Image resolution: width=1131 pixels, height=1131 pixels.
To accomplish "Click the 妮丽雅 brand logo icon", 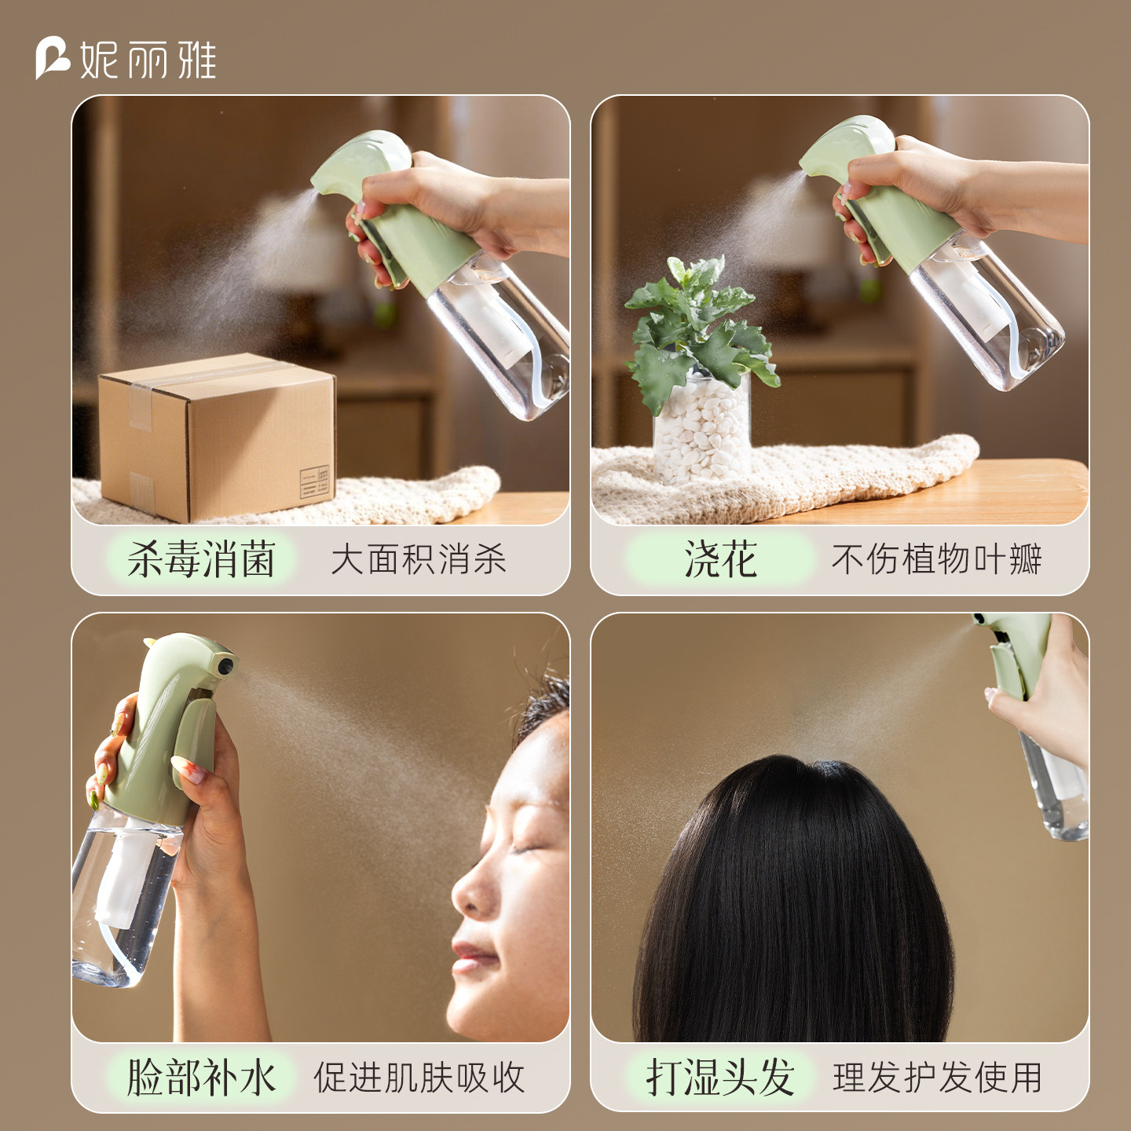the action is [53, 58].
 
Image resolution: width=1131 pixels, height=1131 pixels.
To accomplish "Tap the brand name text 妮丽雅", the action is [148, 59].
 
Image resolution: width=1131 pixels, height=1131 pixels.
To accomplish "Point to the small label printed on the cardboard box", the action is [315, 481].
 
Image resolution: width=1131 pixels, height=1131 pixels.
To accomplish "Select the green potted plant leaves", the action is [702, 328].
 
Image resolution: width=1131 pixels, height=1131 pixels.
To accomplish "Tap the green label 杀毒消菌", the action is [201, 558].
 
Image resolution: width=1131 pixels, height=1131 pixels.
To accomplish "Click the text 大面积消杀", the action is [419, 558].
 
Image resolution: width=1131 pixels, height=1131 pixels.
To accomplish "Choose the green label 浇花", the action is [720, 558].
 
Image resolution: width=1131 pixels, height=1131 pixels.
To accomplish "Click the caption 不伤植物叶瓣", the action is [937, 558].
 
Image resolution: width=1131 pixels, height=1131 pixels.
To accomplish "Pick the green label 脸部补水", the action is [201, 1077].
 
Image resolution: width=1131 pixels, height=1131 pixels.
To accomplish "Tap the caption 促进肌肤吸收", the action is [419, 1078].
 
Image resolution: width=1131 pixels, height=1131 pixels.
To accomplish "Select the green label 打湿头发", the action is [720, 1077].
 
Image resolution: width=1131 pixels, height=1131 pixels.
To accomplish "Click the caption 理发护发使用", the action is [937, 1078].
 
